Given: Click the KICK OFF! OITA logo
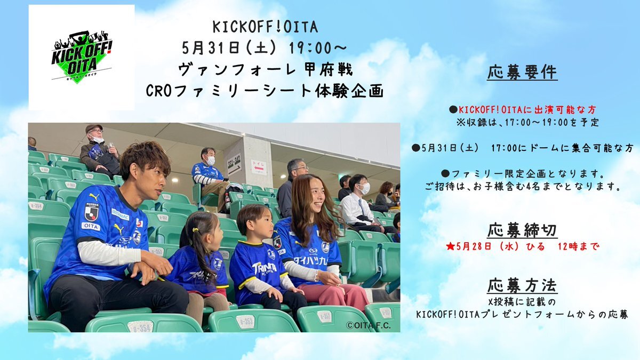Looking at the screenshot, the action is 82,57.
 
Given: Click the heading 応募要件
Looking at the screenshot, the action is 522,73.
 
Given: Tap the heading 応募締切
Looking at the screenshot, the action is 522,230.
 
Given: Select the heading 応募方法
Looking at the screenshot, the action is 522,286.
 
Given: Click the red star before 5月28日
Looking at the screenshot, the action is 450,247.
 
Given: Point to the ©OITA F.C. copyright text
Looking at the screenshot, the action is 368,325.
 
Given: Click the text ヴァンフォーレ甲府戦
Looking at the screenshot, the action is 266,70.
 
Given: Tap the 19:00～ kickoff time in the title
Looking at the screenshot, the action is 318,49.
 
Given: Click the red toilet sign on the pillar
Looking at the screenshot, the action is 259,167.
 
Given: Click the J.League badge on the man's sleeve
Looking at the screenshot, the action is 91,213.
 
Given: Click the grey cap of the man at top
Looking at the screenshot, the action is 93,127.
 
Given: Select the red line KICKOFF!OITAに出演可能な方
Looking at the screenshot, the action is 522,110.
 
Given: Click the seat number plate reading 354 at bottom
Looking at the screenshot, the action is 141,326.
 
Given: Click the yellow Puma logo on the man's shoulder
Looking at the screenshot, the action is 94,197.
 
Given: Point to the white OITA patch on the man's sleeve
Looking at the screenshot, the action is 91,227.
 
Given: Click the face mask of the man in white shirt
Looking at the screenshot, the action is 365,189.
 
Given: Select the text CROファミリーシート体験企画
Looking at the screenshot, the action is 265,91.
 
